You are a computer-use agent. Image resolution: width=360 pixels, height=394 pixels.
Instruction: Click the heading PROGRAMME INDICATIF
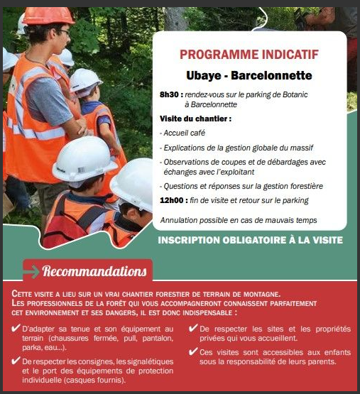(249, 54)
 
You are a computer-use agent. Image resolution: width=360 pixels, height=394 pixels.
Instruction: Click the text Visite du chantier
(195, 119)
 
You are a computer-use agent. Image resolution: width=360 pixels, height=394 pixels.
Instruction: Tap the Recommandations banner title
(95, 270)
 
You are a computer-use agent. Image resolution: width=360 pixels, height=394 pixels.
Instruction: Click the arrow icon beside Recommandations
(33, 270)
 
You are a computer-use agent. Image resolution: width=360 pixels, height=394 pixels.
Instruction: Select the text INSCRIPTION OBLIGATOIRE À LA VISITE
(250, 240)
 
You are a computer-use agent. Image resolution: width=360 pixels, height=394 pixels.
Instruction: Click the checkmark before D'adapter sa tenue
(16, 329)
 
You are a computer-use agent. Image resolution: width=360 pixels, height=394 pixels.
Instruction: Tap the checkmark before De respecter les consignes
(16, 362)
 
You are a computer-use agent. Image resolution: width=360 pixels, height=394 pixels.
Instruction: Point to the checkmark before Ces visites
(194, 352)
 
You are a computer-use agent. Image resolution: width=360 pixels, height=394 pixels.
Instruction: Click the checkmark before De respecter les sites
(194, 329)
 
